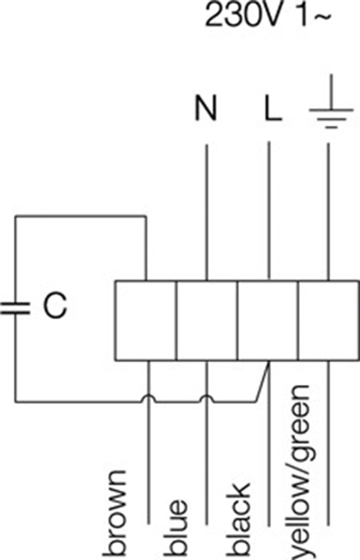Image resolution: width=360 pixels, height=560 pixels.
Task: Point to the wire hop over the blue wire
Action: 207,398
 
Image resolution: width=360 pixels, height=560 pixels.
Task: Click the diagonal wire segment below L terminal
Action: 263,382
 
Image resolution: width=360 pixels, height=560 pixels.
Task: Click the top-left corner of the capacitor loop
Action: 15,216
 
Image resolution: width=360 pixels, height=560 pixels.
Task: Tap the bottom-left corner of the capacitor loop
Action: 15,401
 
